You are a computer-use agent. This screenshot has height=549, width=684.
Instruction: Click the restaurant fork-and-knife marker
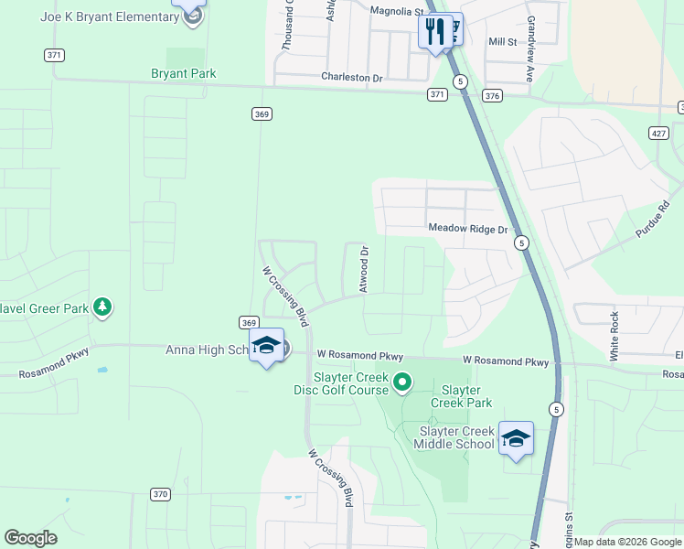tap(433, 31)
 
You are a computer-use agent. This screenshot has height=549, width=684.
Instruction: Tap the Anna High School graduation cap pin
tap(266, 346)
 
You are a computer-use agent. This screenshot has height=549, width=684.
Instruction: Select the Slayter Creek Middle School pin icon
tap(516, 438)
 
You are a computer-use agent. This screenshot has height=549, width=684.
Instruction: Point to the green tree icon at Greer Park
tap(103, 307)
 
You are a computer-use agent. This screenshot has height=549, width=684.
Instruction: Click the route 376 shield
tap(493, 95)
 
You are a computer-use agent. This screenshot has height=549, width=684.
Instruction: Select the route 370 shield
tap(161, 494)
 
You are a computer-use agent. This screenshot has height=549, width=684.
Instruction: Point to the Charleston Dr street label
tap(351, 78)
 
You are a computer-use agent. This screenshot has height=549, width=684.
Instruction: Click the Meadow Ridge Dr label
tap(467, 229)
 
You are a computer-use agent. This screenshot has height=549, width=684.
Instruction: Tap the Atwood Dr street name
tap(364, 268)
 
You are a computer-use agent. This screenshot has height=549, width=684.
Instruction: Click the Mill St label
tap(502, 41)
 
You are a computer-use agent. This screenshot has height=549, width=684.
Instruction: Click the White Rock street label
tap(615, 334)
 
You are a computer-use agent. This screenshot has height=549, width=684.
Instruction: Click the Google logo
tap(31, 538)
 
